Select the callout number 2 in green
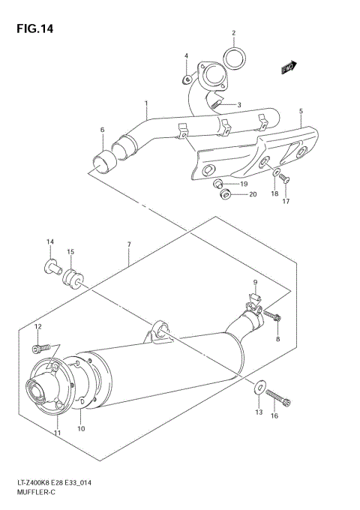tap(233, 33)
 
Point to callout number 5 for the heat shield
tap(301, 112)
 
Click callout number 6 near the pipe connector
tap(102, 130)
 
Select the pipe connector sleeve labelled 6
tap(104, 160)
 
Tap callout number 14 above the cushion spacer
tap(50, 241)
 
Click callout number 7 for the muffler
tap(129, 245)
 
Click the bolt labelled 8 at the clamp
tap(277, 319)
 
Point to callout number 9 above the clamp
tap(254, 283)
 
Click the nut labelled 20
tap(224, 195)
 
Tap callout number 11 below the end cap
tap(56, 433)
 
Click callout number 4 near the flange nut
tap(186, 56)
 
